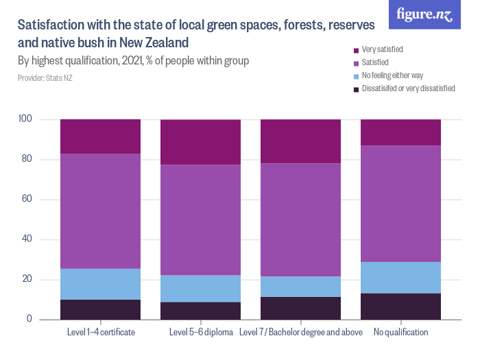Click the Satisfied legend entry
click(x=375, y=62)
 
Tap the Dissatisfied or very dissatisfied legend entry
click(x=407, y=88)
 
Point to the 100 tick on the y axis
click(x=25, y=119)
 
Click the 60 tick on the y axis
click(x=27, y=200)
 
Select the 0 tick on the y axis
click(x=29, y=320)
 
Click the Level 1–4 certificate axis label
click(x=101, y=333)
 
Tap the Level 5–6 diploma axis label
click(x=200, y=333)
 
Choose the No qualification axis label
click(x=400, y=333)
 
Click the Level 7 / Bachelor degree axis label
click(x=300, y=333)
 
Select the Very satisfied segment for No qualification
click(x=400, y=132)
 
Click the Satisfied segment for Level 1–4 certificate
click(x=101, y=211)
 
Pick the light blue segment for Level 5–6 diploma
click(x=200, y=289)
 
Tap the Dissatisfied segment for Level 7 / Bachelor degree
click(x=300, y=308)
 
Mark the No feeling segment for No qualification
click(x=400, y=278)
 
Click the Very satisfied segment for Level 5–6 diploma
click(x=200, y=142)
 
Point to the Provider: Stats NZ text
click(x=45, y=78)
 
